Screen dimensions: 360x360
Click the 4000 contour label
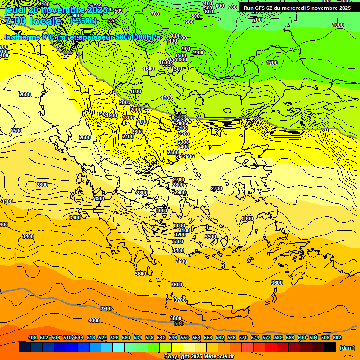click(94, 320)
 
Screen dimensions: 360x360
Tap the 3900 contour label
click(106, 308)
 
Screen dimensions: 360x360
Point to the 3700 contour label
click(180, 300)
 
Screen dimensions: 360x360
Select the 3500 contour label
click(181, 261)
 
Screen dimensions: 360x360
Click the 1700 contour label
click(166, 98)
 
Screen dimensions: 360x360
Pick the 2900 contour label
click(180, 192)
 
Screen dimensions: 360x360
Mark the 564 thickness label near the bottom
click(179, 323)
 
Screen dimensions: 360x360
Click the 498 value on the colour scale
click(32, 337)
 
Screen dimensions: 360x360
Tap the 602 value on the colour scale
click(337, 337)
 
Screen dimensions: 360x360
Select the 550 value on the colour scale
click(185, 337)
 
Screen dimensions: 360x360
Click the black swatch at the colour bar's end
click(330, 347)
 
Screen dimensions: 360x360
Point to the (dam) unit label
click(347, 347)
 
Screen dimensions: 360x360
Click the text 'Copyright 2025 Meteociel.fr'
click(199, 357)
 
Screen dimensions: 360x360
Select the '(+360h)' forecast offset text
click(83, 21)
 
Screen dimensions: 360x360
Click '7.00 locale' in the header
click(33, 21)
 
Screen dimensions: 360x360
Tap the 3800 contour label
click(176, 318)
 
